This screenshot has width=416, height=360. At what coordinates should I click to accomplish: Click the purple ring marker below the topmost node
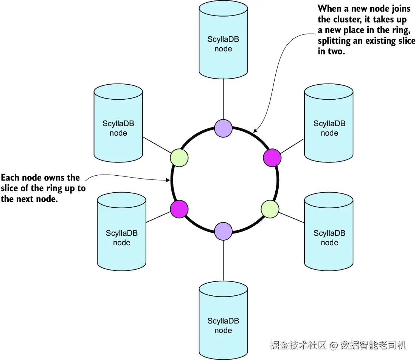(224, 128)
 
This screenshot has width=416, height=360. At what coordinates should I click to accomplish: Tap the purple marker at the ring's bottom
(224, 232)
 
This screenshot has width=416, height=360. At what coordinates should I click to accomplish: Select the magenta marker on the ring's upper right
(272, 158)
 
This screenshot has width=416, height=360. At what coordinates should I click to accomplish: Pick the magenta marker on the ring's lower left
(179, 209)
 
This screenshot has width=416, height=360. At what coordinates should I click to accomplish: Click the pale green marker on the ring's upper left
(179, 158)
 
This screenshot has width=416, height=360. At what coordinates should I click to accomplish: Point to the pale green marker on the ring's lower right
(270, 209)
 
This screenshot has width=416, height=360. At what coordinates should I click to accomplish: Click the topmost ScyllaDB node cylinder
(224, 40)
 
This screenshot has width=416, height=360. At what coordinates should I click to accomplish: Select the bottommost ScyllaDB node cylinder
(224, 320)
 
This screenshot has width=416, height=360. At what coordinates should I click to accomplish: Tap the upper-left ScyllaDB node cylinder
(118, 123)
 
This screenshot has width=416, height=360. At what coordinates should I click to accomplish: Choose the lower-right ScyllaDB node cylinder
(329, 232)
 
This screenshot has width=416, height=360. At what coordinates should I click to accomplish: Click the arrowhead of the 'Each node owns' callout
(168, 180)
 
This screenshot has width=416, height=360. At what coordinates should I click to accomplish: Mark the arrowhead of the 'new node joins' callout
(255, 130)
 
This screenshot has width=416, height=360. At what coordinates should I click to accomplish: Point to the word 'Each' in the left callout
(10, 177)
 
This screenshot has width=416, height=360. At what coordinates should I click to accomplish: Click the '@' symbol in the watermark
(334, 345)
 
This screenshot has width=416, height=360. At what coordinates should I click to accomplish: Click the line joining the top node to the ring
(224, 99)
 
